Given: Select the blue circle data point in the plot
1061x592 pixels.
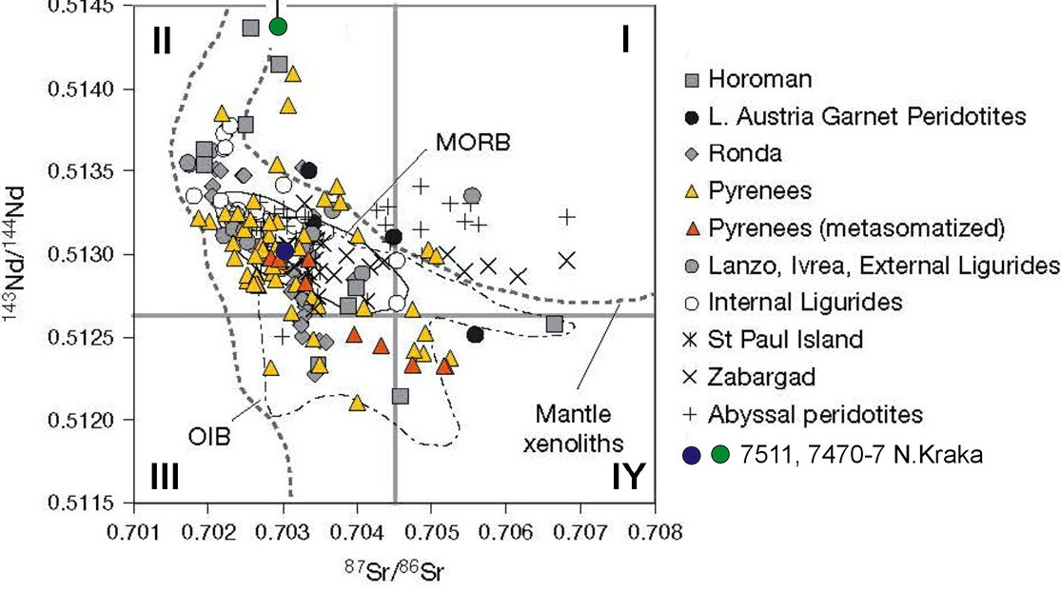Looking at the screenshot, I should [284, 250].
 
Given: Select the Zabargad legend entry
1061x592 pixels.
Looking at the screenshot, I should [763, 377].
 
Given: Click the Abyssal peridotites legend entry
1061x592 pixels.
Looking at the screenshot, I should [816, 414].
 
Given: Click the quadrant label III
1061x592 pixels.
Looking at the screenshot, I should [165, 476].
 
